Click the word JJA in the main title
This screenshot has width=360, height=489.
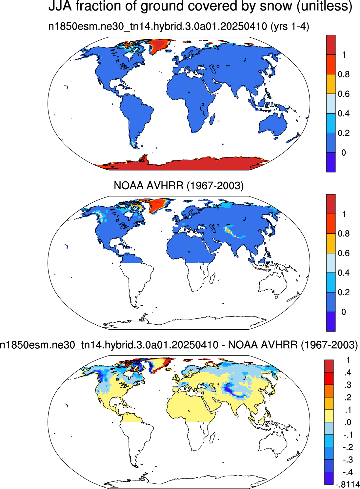click(60, 6)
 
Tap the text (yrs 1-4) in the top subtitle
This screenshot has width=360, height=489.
click(290, 27)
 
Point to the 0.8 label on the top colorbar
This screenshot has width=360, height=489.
click(344, 74)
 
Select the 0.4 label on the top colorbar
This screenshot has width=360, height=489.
click(344, 113)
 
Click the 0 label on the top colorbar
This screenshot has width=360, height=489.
click(344, 153)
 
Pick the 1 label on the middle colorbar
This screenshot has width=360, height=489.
click(344, 214)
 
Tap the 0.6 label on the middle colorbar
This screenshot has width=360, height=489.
click(344, 253)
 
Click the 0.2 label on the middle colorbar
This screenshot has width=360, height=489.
click(344, 292)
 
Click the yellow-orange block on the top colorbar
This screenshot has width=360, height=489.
click(331, 84)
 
